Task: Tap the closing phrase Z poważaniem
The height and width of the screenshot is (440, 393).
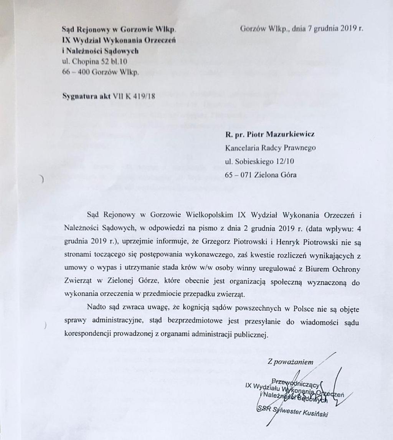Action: tap(291, 362)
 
